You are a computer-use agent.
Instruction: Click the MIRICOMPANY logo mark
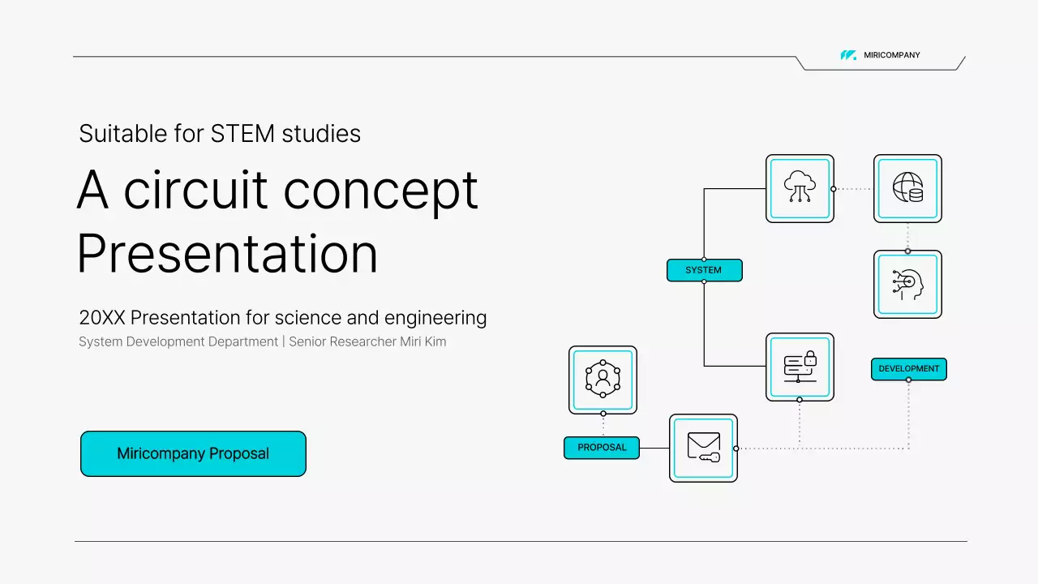point(848,55)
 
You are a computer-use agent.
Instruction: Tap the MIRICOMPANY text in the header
point(891,55)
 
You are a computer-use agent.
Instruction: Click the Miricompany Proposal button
point(193,453)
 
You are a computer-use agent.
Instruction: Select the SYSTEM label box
point(705,270)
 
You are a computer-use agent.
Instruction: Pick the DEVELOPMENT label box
point(909,369)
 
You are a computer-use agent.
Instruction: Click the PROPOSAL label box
point(602,448)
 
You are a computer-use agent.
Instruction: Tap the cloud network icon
point(800,187)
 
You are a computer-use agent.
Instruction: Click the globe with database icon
point(907,187)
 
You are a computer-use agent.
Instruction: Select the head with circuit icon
point(907,285)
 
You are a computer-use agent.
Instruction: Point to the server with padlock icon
point(800,367)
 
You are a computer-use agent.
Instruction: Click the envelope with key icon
point(703,447)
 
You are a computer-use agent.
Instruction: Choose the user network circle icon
point(603,379)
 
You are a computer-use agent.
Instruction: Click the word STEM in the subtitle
point(242,134)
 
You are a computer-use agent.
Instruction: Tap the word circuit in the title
point(195,190)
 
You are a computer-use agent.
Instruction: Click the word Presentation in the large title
point(227,254)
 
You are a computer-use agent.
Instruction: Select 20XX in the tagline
point(102,318)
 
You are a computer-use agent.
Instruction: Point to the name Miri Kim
point(423,342)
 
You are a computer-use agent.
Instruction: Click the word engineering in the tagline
point(435,319)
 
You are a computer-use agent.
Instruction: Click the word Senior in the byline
point(307,342)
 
